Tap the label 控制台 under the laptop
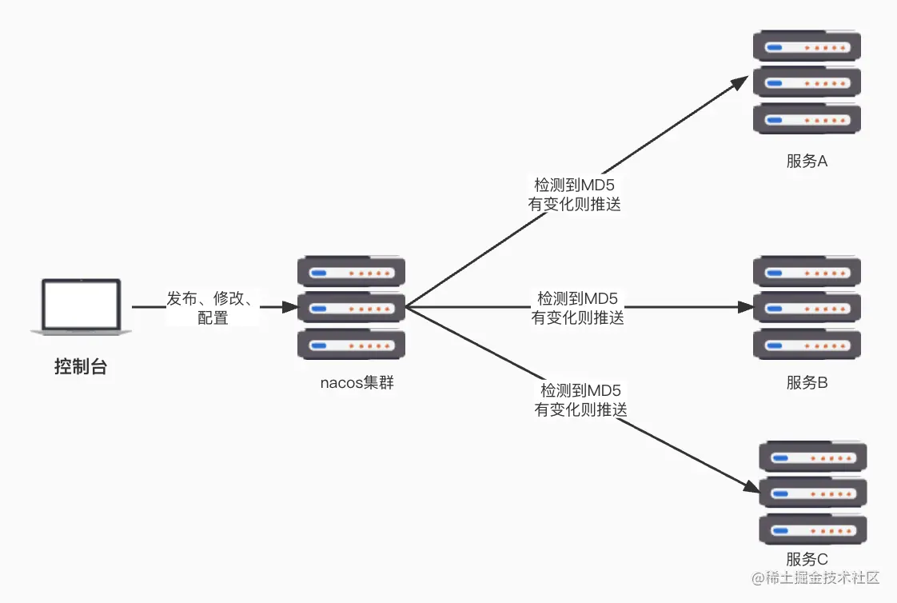(80, 368)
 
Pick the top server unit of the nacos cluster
(351, 272)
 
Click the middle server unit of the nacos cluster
(351, 308)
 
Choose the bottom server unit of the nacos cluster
(351, 344)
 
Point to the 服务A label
(807, 161)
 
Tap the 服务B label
(807, 382)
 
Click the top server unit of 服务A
(807, 46)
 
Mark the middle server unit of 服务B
(807, 308)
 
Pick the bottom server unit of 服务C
(812, 529)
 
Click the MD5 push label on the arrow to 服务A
(574, 194)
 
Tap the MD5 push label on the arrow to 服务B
(577, 308)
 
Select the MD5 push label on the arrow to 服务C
(580, 400)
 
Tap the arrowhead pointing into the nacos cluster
(289, 306)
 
